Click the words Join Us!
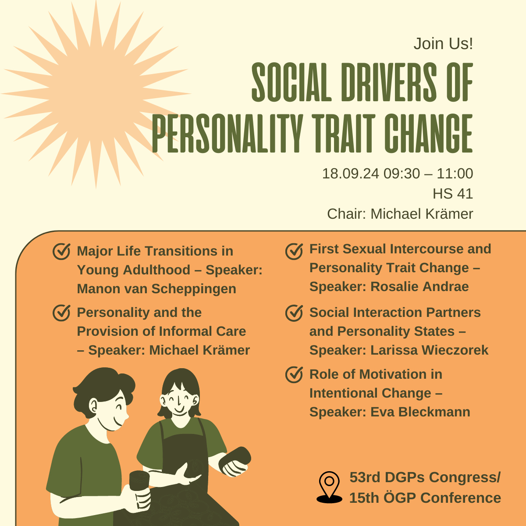443,44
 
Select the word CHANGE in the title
429,133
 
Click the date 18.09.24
351,174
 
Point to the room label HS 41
453,194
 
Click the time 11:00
455,174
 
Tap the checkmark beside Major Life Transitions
61,251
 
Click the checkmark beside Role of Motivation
294,374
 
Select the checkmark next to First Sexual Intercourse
294,251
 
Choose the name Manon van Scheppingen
156,289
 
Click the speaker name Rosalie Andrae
419,287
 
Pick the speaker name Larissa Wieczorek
430,350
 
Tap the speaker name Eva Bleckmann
420,412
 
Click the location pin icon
329,487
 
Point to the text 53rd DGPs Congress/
425,477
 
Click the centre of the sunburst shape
96,94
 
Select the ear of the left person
93,405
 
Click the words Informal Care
202,331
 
